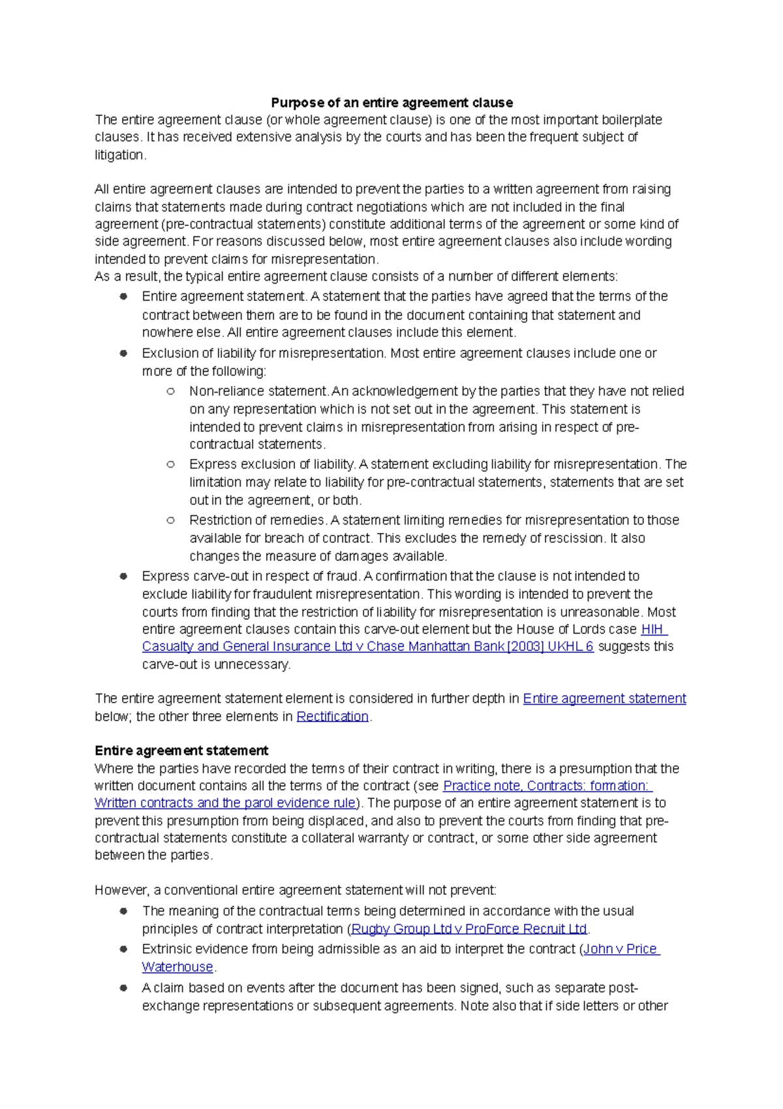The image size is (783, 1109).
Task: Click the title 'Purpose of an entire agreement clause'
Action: pyautogui.click(x=391, y=103)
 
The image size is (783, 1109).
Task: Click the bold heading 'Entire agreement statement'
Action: pyautogui.click(x=181, y=750)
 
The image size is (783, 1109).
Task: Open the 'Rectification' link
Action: pyautogui.click(x=332, y=716)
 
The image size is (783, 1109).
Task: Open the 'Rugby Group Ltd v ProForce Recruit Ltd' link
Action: pyautogui.click(x=468, y=929)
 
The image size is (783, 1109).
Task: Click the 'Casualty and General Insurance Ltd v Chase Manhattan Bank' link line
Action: pyautogui.click(x=367, y=647)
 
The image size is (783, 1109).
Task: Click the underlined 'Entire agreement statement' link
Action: pyautogui.click(x=604, y=699)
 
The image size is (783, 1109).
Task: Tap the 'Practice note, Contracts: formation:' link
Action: pyautogui.click(x=547, y=786)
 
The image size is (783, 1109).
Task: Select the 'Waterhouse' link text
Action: pyautogui.click(x=177, y=967)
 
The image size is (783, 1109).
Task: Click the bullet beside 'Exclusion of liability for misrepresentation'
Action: pyautogui.click(x=123, y=353)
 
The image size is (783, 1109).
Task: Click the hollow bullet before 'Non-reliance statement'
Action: pyautogui.click(x=170, y=391)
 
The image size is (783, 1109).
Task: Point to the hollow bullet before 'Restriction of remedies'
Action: pyautogui.click(x=170, y=521)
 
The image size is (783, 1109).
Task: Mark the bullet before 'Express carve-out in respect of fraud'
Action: pyautogui.click(x=123, y=576)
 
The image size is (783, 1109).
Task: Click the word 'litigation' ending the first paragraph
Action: pyautogui.click(x=119, y=155)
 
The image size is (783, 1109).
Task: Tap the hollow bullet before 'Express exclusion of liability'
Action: pyautogui.click(x=170, y=464)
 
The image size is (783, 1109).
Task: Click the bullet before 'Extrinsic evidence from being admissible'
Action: pyautogui.click(x=123, y=949)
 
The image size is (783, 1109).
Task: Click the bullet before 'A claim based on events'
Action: pyautogui.click(x=123, y=988)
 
